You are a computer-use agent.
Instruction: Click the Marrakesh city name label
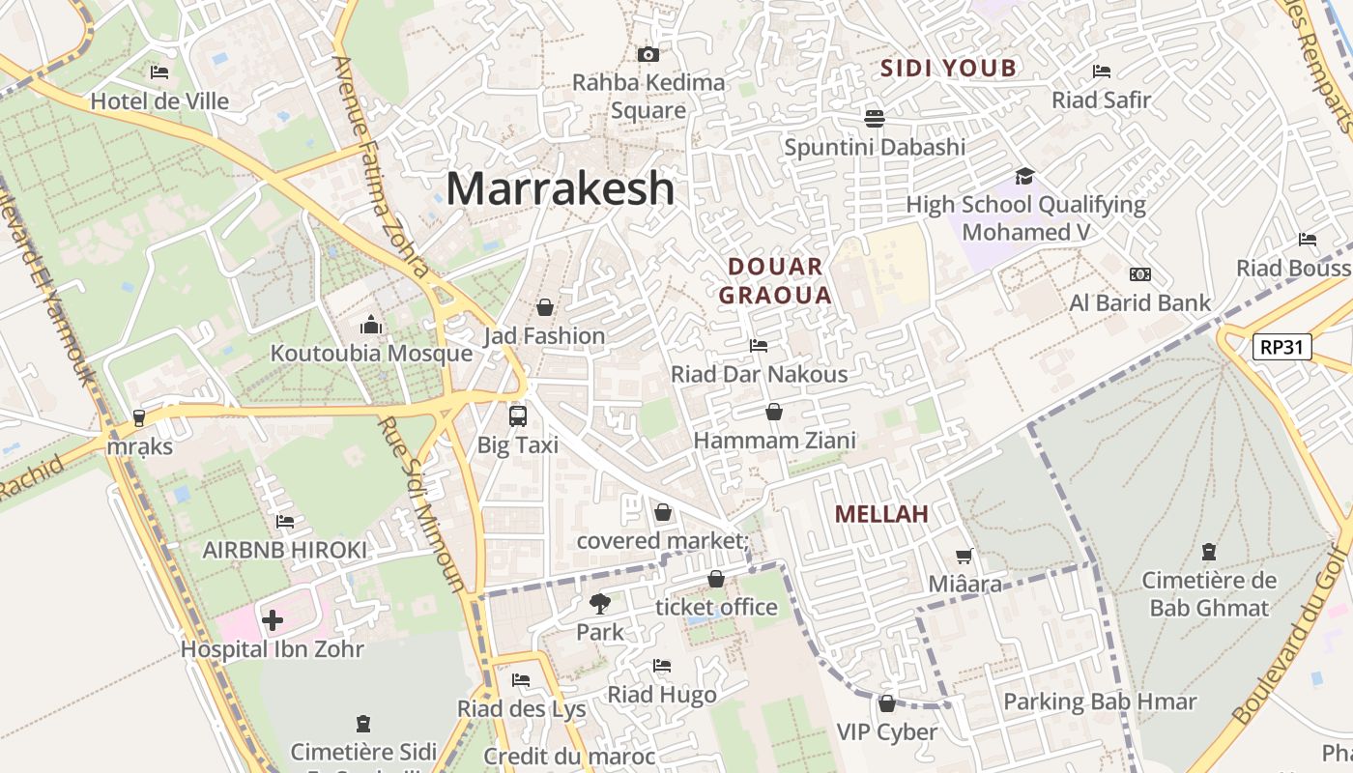tap(560, 188)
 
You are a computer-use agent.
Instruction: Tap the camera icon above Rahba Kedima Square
tap(648, 55)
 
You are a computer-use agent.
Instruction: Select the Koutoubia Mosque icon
tap(370, 325)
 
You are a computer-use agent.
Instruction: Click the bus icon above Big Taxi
tap(518, 416)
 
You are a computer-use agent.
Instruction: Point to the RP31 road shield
tap(1281, 347)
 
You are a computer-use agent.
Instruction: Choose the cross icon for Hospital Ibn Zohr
tap(273, 619)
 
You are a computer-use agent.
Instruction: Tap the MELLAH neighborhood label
tap(881, 514)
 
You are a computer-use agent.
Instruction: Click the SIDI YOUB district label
tap(948, 68)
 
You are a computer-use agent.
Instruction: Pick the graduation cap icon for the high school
tap(1024, 176)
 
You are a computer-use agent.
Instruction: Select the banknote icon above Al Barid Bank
tap(1140, 274)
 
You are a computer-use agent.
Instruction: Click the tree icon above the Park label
tap(600, 604)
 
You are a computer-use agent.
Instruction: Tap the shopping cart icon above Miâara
tap(964, 556)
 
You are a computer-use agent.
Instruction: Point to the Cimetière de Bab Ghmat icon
tap(1208, 552)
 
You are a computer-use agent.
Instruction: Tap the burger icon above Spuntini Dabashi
tap(875, 118)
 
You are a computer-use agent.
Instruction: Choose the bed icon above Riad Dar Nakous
tap(759, 345)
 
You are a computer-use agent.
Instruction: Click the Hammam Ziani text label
tap(775, 441)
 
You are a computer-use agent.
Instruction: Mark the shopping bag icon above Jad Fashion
tap(545, 307)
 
